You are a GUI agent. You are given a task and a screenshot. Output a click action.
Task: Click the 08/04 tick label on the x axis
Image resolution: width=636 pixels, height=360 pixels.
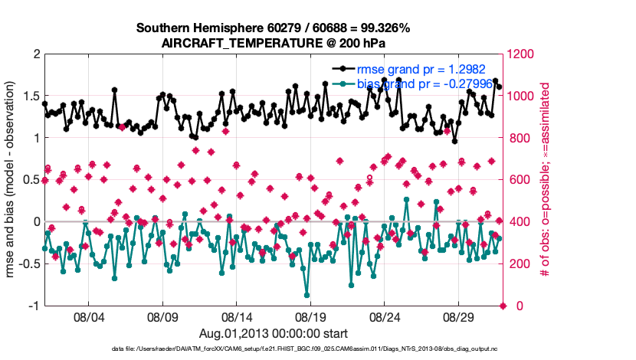(x=88, y=316)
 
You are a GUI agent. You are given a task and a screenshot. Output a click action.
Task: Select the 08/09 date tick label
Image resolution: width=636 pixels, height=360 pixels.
(x=162, y=316)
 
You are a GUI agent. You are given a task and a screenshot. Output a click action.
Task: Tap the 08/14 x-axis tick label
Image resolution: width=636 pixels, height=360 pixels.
(x=237, y=316)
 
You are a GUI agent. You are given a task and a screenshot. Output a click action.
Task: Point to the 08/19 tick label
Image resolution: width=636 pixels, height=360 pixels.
(x=310, y=316)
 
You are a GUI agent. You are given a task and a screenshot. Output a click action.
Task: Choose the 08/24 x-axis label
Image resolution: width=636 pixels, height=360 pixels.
(x=385, y=316)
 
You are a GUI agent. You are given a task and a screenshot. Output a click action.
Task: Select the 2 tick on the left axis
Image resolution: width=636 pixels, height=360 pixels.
(x=36, y=54)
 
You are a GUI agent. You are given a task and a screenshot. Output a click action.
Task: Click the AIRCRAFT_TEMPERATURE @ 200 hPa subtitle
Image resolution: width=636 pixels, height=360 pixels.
(x=274, y=44)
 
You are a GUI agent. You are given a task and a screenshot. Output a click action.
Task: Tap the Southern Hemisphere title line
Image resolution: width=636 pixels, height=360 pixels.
(x=274, y=28)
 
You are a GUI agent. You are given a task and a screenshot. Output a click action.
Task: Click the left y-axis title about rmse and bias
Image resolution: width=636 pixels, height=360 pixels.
(x=12, y=180)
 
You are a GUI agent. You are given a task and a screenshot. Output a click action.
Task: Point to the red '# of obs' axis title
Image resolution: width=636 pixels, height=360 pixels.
(x=546, y=180)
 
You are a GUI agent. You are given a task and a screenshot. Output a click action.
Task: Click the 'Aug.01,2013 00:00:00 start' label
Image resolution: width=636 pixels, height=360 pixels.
(x=274, y=333)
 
